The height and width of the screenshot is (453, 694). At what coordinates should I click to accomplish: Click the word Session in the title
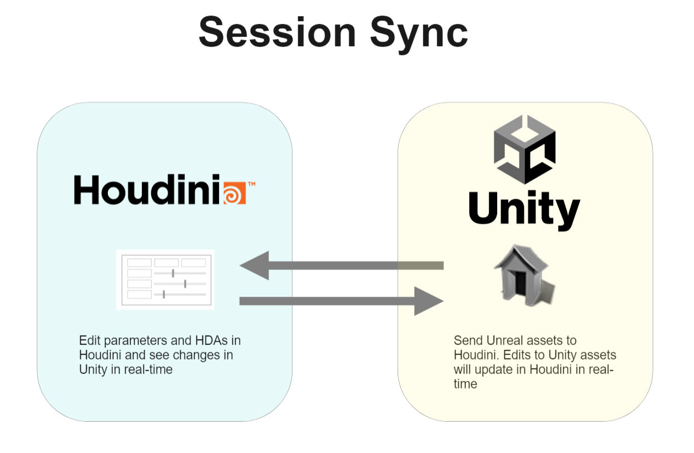click(x=277, y=32)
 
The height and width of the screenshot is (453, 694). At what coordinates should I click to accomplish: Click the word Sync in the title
click(x=419, y=35)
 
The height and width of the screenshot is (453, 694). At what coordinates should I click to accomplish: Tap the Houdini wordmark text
click(x=147, y=189)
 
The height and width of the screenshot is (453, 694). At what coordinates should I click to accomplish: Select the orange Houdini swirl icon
click(x=235, y=193)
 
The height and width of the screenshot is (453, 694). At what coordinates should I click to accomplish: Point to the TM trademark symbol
click(x=251, y=184)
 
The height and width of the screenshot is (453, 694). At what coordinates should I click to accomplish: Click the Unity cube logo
click(x=524, y=149)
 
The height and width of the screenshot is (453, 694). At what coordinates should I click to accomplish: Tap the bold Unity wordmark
click(x=524, y=210)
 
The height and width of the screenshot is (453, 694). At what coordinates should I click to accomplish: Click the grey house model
click(x=524, y=275)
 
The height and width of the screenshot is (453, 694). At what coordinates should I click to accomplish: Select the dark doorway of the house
click(x=520, y=283)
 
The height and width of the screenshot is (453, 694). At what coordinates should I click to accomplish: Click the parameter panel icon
click(x=165, y=280)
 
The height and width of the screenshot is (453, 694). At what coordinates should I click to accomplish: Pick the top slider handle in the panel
click(x=173, y=273)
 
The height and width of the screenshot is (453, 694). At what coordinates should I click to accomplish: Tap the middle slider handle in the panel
click(x=185, y=284)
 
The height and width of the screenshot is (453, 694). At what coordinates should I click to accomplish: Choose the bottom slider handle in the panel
click(x=163, y=294)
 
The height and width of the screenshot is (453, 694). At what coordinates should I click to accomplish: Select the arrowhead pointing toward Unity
click(x=429, y=301)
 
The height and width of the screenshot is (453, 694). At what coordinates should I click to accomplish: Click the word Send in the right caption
click(x=469, y=341)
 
